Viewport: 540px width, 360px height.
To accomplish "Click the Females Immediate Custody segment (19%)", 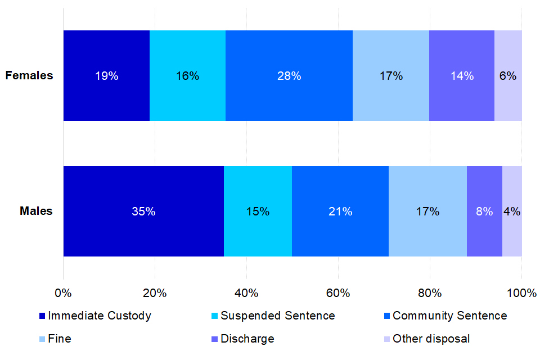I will pyautogui.click(x=106, y=76).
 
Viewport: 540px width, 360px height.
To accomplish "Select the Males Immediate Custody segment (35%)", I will pyautogui.click(x=143, y=211).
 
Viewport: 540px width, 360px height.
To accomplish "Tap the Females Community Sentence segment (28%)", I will pyautogui.click(x=289, y=76).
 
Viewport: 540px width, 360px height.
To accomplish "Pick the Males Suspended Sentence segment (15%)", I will pyautogui.click(x=258, y=211).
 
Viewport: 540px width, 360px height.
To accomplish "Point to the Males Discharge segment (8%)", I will pyautogui.click(x=484, y=211).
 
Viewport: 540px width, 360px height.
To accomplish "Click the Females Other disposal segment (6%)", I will pyautogui.click(x=508, y=76).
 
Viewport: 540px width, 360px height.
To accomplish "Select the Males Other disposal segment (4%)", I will pyautogui.click(x=512, y=211).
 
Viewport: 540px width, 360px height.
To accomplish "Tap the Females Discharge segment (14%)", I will pyautogui.click(x=462, y=76).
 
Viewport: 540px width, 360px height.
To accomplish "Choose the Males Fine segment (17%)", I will pyautogui.click(x=427, y=211).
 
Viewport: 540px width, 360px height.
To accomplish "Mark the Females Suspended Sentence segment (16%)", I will pyautogui.click(x=187, y=76).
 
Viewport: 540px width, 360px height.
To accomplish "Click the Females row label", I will pyautogui.click(x=29, y=76).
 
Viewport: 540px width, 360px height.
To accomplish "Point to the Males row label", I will pyautogui.click(x=36, y=211).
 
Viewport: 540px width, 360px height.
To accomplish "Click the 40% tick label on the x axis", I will pyautogui.click(x=246, y=292).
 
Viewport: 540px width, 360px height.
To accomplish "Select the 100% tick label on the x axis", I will pyautogui.click(x=521, y=292).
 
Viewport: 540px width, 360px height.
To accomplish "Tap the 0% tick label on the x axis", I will pyautogui.click(x=63, y=292).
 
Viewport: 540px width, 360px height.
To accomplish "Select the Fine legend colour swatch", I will pyautogui.click(x=42, y=339).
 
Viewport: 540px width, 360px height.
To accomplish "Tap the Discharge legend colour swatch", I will pyautogui.click(x=214, y=339).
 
